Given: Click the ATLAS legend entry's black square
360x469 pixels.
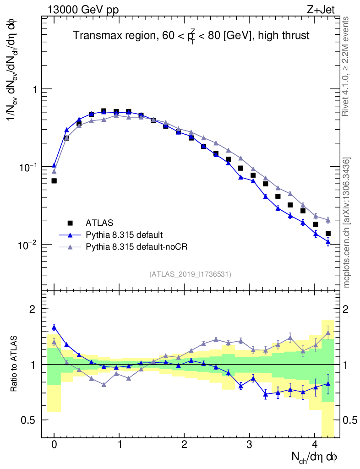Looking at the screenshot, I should [70, 223].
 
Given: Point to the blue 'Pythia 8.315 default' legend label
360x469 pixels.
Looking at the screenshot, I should [124, 235].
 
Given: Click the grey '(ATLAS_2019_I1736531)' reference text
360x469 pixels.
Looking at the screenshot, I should [190, 274].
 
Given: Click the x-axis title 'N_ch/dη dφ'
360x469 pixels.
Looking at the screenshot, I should [315, 457].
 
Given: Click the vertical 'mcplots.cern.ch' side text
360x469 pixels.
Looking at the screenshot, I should [347, 222].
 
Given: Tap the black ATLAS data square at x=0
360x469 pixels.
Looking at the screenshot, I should [54, 181].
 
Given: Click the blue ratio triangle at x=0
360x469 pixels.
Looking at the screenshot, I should [54, 327].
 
